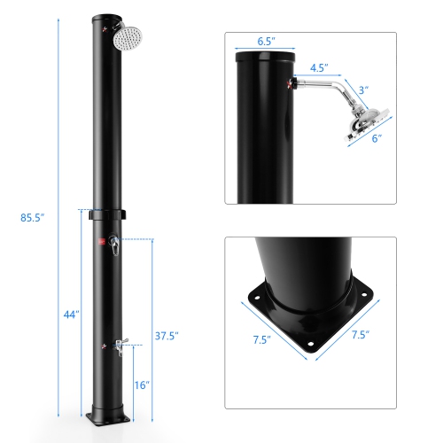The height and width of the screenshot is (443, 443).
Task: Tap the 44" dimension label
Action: (71, 314)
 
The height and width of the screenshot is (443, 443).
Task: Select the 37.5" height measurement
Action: (167, 335)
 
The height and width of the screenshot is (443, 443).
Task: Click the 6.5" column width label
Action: (264, 41)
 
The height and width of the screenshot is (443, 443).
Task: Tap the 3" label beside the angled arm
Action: (364, 89)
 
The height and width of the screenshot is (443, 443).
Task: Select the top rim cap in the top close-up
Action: (264, 55)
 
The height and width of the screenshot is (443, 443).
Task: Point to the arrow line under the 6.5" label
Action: (264, 51)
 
